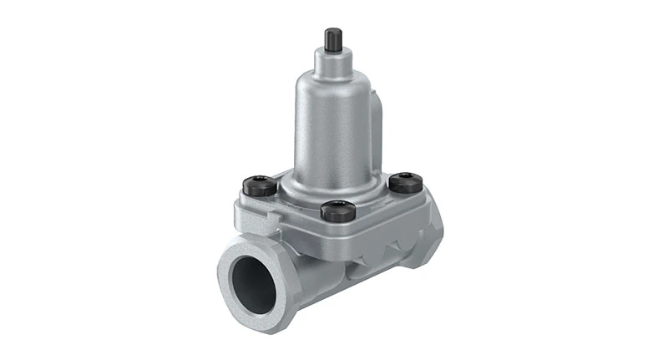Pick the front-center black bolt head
(338, 210)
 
